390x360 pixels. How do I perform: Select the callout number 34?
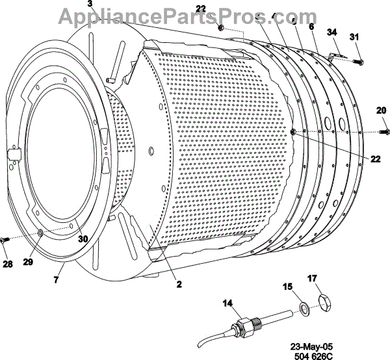point(332,32)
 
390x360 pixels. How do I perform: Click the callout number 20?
point(380,111)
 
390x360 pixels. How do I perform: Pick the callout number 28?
point(8,264)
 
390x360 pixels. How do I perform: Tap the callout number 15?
point(288,286)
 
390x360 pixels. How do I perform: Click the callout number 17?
point(312,279)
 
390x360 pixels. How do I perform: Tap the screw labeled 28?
point(5,240)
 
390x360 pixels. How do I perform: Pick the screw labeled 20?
point(383,133)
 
